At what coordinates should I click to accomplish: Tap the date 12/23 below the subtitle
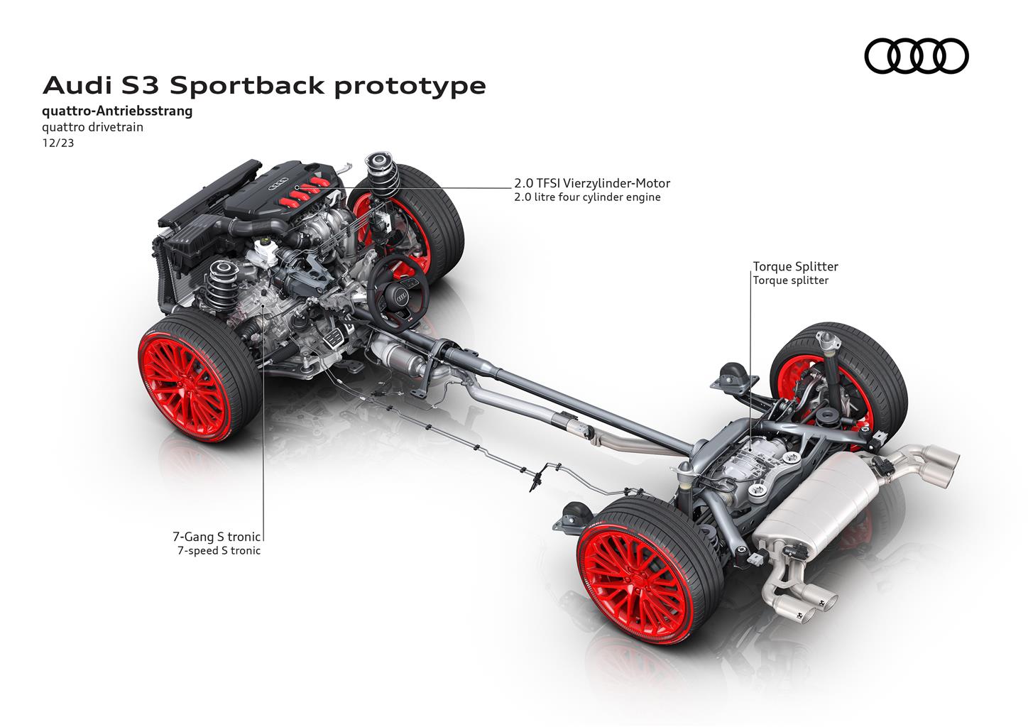pyautogui.click(x=58, y=143)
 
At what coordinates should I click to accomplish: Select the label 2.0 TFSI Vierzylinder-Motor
pyautogui.click(x=592, y=183)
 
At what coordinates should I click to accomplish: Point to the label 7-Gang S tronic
pyautogui.click(x=217, y=536)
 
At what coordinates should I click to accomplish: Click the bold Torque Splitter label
pyautogui.click(x=795, y=267)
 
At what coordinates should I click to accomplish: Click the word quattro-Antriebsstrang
pyautogui.click(x=117, y=111)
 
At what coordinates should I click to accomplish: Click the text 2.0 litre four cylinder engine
pyautogui.click(x=587, y=197)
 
